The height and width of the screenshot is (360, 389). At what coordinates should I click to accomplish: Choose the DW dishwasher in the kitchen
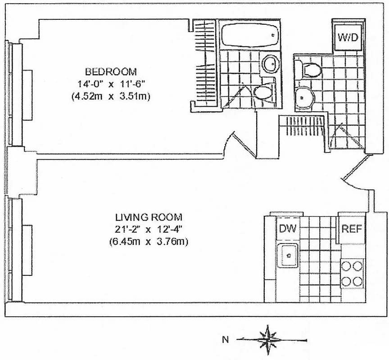[288, 229]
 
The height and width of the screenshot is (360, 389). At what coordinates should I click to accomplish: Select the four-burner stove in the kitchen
[352, 274]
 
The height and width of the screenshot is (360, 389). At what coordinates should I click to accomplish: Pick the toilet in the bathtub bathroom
[262, 92]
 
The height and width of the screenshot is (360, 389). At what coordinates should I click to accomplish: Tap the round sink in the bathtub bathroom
[271, 63]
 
